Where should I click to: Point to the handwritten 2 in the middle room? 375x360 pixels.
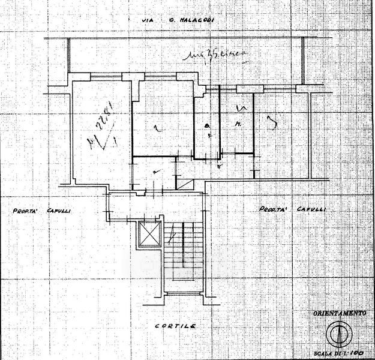pos(156,127)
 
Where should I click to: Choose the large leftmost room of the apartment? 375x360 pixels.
pos(100,132)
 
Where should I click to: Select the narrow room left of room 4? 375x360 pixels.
pos(206,126)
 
